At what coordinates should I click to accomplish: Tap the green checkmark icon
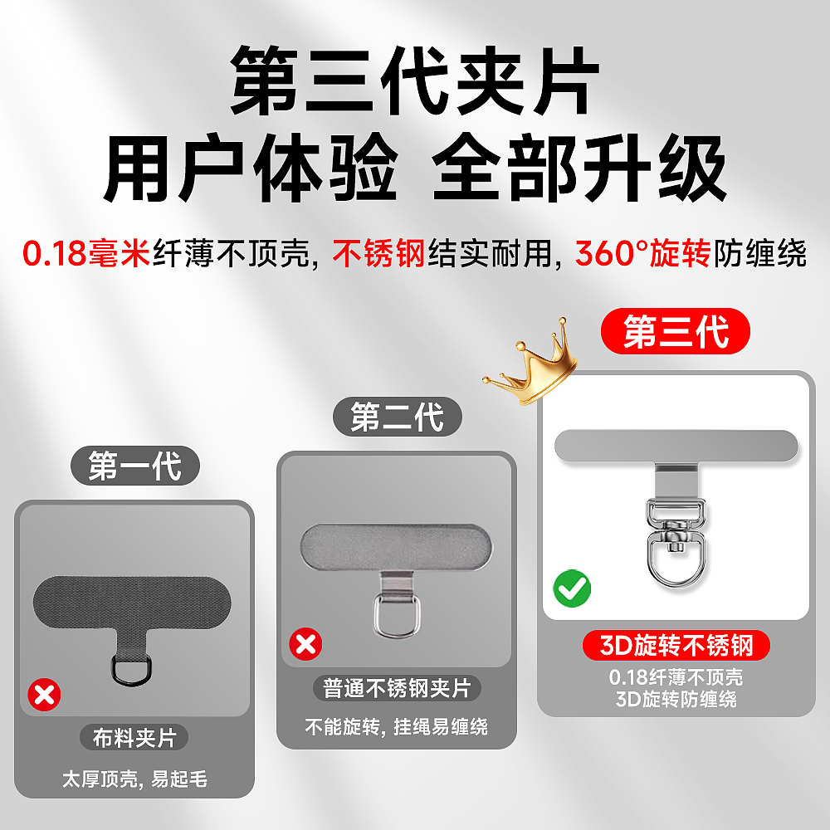point(573,588)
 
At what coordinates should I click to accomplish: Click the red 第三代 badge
point(676,334)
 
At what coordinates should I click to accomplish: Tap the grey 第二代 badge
point(397,417)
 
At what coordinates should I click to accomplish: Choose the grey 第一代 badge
point(134,466)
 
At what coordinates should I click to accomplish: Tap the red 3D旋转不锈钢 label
point(675,646)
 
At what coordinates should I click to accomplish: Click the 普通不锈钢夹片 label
point(397,689)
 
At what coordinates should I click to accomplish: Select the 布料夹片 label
point(134,738)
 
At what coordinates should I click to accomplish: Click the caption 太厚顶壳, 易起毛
point(134,779)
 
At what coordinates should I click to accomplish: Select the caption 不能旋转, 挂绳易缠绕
point(397,728)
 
